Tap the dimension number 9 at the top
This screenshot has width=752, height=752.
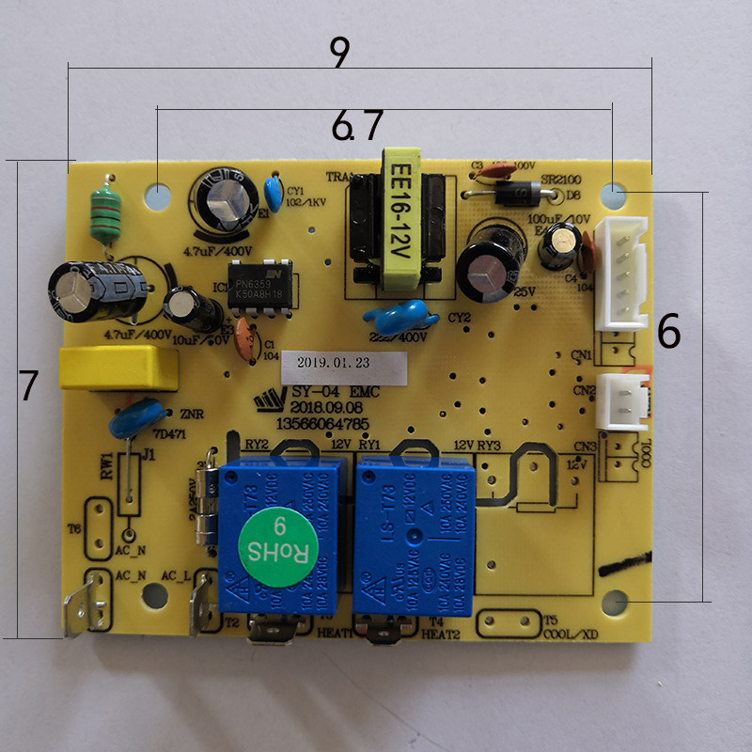click(340, 54)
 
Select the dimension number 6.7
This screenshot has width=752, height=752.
click(357, 125)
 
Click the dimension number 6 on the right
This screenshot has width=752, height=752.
click(668, 332)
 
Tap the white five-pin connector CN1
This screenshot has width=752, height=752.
click(625, 273)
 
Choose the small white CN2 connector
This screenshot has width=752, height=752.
click(623, 400)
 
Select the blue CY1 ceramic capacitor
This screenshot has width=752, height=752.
click(274, 194)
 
